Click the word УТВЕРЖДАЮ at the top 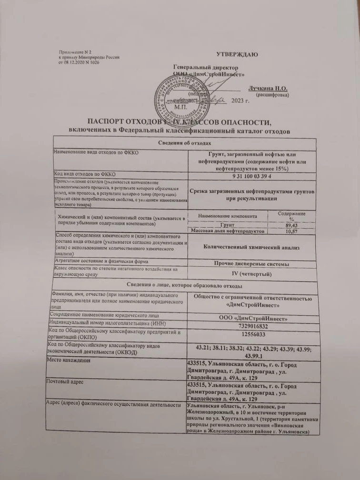pyautogui.click(x=237, y=54)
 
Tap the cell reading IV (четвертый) pyautogui.click(x=251, y=275)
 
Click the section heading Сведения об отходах pyautogui.click(x=184, y=143)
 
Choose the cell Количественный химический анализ pyautogui.click(x=251, y=247)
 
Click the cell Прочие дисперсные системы pyautogui.click(x=251, y=264)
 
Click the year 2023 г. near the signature pyautogui.click(x=240, y=100)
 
